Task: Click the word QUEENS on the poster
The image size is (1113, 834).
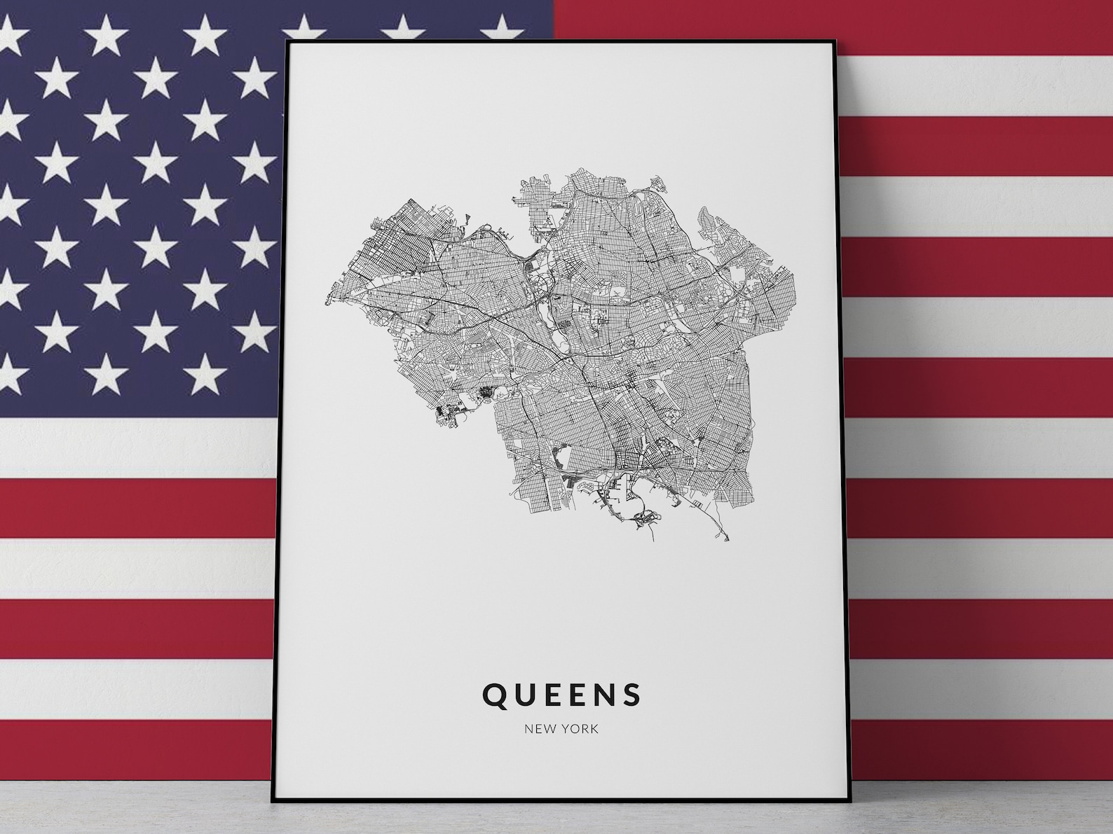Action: (x=561, y=694)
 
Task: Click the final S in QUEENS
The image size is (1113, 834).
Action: (x=632, y=694)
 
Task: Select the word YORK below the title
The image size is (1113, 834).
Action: (x=580, y=729)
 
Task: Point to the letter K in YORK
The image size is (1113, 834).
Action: (x=594, y=729)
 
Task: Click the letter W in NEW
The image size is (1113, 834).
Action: (x=549, y=729)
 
